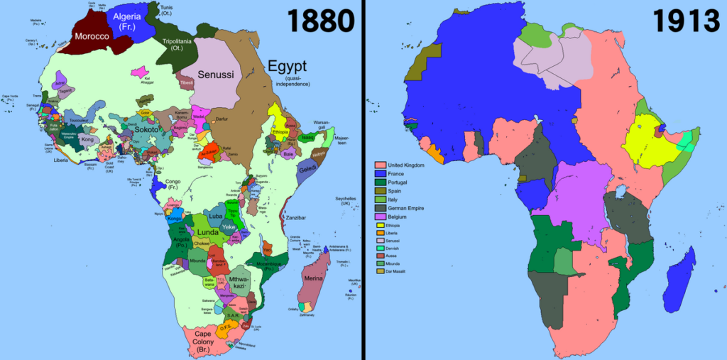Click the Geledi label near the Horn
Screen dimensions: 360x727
coord(308,171)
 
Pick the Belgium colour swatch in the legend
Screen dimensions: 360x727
coord(380,217)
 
